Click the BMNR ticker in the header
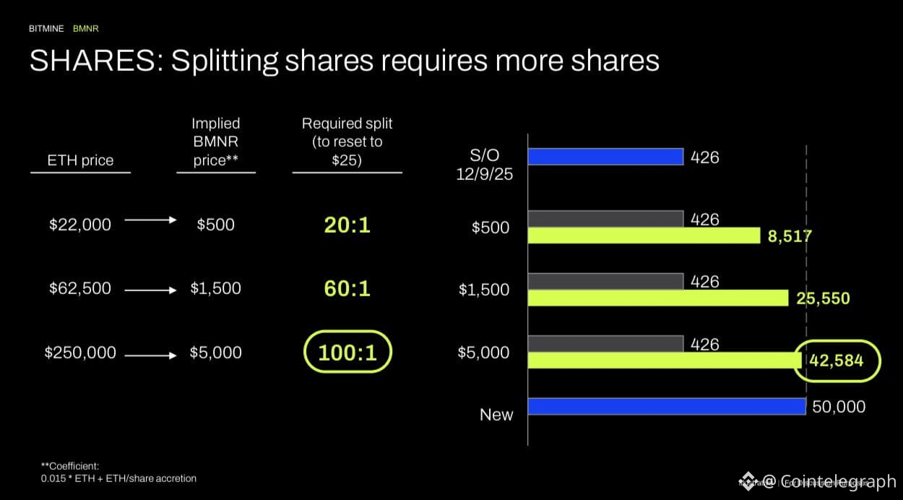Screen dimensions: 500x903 [x=85, y=29]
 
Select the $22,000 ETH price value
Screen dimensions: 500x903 [x=80, y=225]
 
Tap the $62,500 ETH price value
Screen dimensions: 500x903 [x=80, y=288]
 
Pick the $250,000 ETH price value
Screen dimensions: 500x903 [x=80, y=353]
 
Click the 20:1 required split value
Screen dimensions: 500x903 [x=347, y=225]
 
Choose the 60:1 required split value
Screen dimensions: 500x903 [x=347, y=289]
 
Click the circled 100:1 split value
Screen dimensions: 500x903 [x=347, y=353]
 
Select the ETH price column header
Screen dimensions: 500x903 [x=80, y=160]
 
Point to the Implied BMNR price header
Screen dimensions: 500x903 [x=215, y=142]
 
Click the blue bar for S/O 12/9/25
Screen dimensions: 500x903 [x=605, y=156]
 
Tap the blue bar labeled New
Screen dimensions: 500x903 [x=666, y=406]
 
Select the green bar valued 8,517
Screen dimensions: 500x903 [x=644, y=236]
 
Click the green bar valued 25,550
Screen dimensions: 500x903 [x=657, y=298]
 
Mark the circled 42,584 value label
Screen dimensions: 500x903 [x=837, y=360]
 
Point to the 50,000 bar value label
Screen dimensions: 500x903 [x=839, y=407]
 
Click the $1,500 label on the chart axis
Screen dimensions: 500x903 [x=483, y=290]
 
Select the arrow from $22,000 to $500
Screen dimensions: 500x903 [x=150, y=220]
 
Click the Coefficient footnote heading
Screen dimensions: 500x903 [x=70, y=466]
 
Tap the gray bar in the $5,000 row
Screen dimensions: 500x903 [x=605, y=344]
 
